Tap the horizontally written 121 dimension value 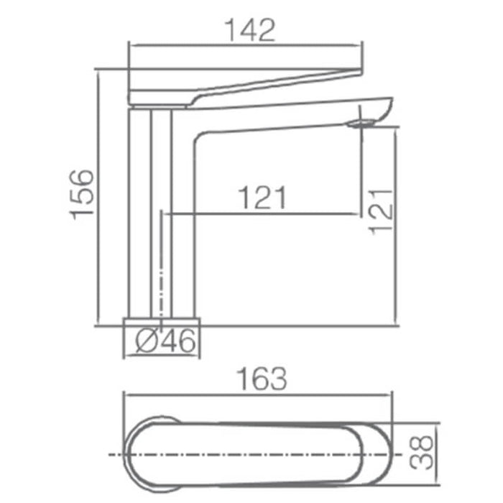(x=262, y=198)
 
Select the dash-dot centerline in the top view (x=259, y=455)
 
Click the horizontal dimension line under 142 (x=244, y=45)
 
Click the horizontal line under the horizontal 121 (x=262, y=213)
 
